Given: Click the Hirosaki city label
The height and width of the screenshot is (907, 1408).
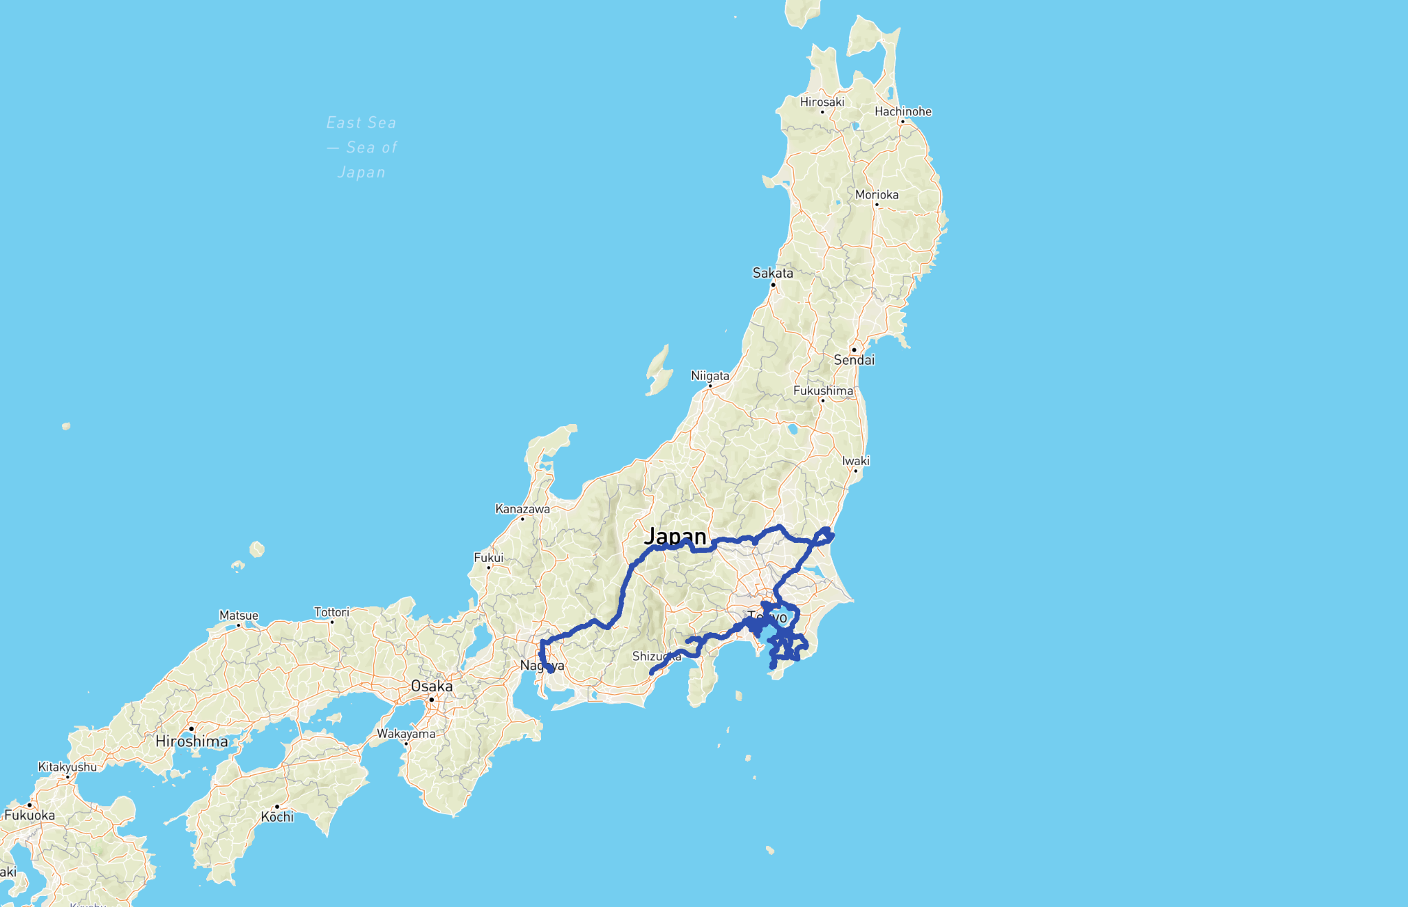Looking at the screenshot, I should click(x=822, y=102).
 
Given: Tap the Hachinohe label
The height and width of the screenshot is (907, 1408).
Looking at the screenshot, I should click(x=903, y=111).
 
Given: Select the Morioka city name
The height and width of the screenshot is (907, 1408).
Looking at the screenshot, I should click(x=877, y=194).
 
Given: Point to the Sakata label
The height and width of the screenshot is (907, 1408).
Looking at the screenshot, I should click(x=773, y=273).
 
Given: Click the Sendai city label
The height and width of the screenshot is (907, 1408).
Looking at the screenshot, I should click(x=854, y=360).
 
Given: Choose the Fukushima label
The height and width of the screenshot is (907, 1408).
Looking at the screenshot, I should click(x=823, y=390).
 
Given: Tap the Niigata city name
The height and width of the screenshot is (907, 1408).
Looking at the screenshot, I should click(x=710, y=376).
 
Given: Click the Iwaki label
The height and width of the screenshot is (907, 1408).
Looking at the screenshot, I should click(x=856, y=461).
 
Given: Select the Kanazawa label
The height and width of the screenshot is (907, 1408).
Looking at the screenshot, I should click(x=522, y=509).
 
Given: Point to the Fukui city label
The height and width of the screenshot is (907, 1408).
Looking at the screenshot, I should click(x=488, y=558).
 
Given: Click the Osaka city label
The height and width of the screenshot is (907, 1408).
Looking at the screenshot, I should click(x=432, y=686).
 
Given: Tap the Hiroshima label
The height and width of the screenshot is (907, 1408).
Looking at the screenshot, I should click(x=192, y=741).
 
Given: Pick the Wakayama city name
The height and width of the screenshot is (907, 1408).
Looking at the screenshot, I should click(x=406, y=734).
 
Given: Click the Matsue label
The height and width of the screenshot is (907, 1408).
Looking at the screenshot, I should click(x=239, y=616).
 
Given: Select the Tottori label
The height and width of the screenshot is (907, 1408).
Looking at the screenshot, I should click(x=331, y=612).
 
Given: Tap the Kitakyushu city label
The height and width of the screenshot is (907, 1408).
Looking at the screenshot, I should click(x=67, y=767).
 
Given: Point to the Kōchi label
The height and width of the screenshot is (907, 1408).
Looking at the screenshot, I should click(x=277, y=817).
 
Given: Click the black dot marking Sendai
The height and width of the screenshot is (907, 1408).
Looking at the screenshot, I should click(x=854, y=350).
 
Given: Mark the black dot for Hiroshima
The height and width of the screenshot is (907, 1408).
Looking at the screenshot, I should click(x=191, y=728).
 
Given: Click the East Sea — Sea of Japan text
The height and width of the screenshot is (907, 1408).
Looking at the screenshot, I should click(x=362, y=147).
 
